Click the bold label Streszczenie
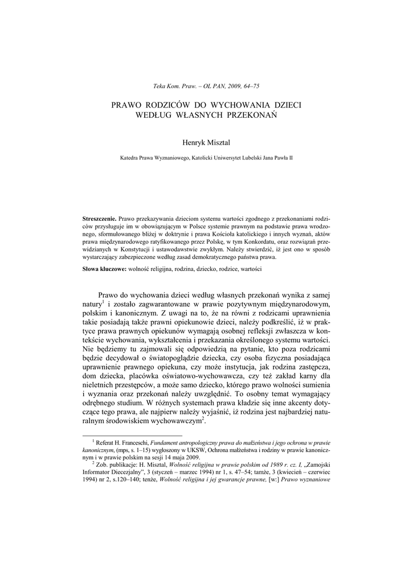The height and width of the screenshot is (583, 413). (x=100, y=219)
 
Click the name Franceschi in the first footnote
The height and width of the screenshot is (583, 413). (x=132, y=442)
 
